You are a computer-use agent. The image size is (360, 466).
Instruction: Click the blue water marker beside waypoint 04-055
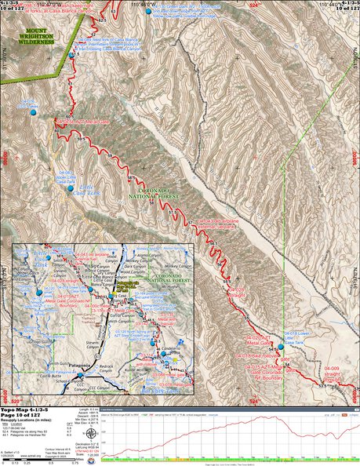point(33,113)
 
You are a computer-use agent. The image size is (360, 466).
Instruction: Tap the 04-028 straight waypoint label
point(240,291)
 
